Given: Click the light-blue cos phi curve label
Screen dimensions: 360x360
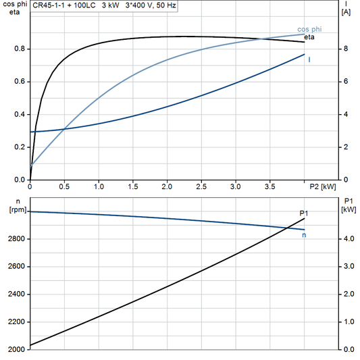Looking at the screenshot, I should pos(309,30).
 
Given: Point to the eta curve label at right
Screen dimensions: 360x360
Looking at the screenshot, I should pos(309,37).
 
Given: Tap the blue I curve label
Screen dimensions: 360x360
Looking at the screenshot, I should pos(309,60).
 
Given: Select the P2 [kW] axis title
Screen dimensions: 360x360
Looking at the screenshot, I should pos(323,186).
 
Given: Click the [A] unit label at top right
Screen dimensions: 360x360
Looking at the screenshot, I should pos(346,12).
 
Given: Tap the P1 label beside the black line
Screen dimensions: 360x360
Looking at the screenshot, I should pos(304,213).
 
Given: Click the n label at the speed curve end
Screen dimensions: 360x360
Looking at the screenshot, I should pos(304,235).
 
